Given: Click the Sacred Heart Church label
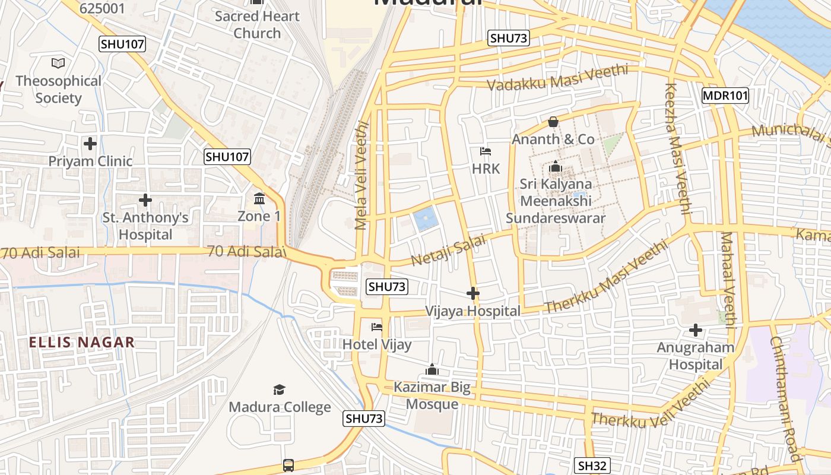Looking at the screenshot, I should pos(256,25).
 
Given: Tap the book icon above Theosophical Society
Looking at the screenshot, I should pos(58,63).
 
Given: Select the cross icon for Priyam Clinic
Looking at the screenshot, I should pos(90,144).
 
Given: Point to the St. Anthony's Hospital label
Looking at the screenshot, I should pos(145,226).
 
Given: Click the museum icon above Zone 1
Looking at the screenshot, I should pos(259,198).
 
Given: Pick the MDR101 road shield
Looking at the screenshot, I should pos(725,96).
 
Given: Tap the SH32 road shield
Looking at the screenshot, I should pos(593,465).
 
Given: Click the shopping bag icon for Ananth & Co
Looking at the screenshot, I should pos(553,122).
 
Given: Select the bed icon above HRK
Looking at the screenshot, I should pos(486,151).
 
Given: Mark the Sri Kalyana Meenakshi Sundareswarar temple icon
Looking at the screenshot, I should pos(556,167).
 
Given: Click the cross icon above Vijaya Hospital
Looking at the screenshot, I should pos(473,293).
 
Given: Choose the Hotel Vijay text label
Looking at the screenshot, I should pos(377,344).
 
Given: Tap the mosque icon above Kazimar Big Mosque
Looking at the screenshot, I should pos(432,370).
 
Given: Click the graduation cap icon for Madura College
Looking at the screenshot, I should pos(279,389).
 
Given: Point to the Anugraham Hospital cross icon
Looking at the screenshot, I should pos(696,330).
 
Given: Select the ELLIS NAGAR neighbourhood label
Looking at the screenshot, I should pos(82,343).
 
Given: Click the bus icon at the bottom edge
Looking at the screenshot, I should pos(288,465).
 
